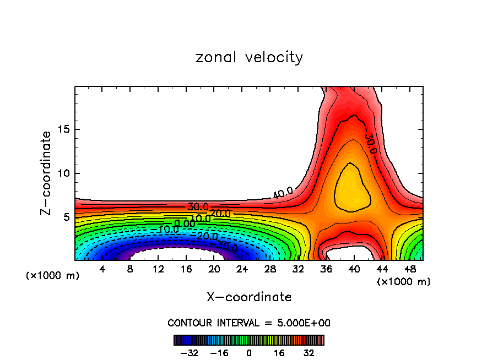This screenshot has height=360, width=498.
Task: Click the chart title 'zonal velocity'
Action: click(x=249, y=57)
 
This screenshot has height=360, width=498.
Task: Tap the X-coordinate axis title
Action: click(x=249, y=297)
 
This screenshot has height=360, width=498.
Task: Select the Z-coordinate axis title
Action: click(x=46, y=173)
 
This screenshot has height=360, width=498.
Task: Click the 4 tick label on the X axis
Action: click(x=102, y=269)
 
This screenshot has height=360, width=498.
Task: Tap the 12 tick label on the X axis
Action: click(x=158, y=269)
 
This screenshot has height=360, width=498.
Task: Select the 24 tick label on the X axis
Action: click(x=242, y=269)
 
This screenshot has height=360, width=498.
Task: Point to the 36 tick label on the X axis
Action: click(x=326, y=269)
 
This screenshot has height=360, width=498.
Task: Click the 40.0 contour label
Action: click(x=283, y=193)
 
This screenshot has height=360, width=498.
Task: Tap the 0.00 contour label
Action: click(x=185, y=223)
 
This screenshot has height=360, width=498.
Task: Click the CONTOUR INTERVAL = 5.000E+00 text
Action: click(x=249, y=323)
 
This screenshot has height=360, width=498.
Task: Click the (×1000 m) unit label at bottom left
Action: click(x=53, y=276)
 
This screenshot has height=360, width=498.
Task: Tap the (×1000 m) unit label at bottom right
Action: click(x=404, y=282)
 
